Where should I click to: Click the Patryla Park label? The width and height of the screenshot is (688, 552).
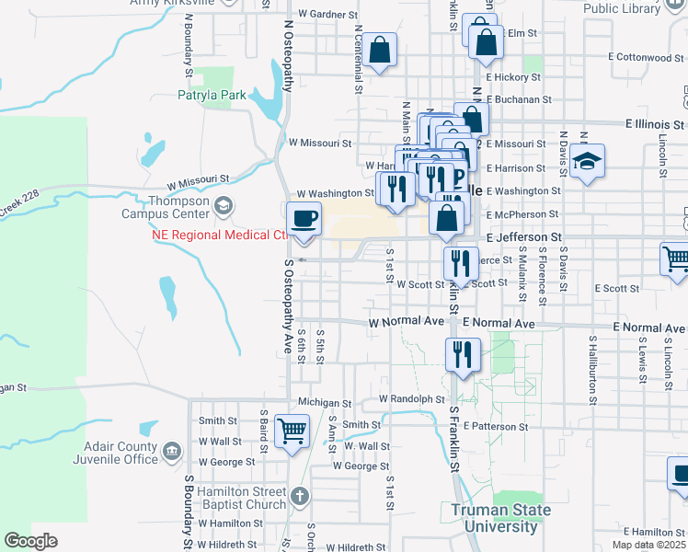coord(212,95)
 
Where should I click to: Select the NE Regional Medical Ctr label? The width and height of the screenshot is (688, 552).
coord(220,235)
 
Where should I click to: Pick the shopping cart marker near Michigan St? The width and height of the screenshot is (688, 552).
coord(292,430)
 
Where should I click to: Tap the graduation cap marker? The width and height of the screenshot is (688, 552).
coord(586,162)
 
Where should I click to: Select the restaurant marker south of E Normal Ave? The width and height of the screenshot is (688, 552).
coord(462,353)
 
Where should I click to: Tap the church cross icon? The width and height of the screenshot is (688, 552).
coord(299,498)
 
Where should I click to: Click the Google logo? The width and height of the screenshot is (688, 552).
coord(30,541)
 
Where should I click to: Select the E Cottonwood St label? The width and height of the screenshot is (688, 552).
coord(647,57)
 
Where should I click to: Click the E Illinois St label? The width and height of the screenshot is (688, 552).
coord(656,122)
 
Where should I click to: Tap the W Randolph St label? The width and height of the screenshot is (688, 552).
coord(411,399)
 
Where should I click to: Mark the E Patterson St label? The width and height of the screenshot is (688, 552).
coord(496,427)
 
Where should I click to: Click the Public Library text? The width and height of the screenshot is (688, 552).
coord(622,8)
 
